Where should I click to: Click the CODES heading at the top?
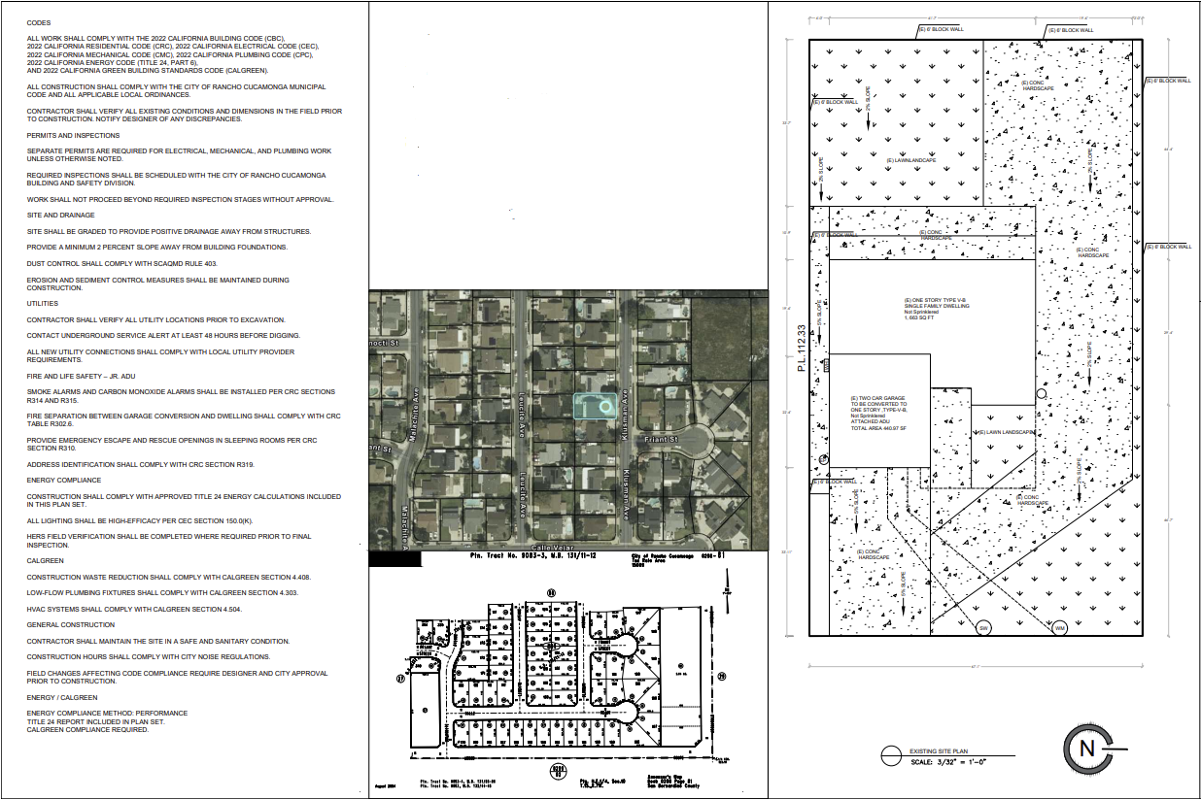point(39,22)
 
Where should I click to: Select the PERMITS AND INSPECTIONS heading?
point(73,136)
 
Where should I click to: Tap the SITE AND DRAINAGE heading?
point(60,216)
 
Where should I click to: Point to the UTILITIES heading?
point(43,303)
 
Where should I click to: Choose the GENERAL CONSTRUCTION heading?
point(70,625)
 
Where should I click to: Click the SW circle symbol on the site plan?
point(983,626)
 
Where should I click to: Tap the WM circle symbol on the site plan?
point(1060,626)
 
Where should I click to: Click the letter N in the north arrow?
point(1087,748)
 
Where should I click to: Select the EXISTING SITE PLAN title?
point(939,750)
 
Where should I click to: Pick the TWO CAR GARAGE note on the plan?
point(879,403)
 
